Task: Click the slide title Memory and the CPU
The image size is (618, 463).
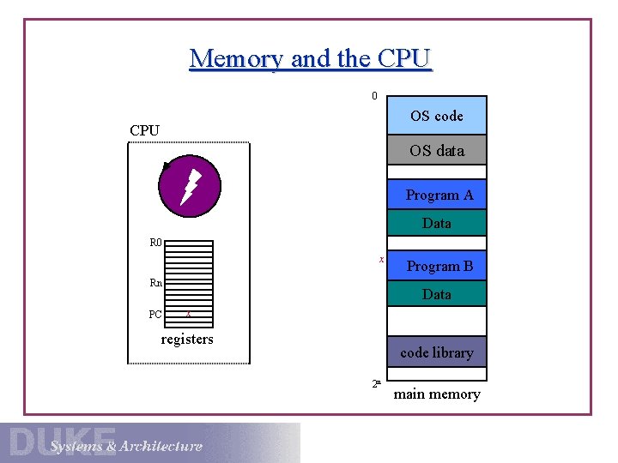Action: (311, 58)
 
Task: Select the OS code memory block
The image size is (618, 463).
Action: (436, 116)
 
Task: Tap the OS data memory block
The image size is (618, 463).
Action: (436, 150)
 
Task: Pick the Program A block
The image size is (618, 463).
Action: (438, 195)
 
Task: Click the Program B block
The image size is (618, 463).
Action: (438, 266)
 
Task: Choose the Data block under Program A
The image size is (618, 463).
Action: (436, 223)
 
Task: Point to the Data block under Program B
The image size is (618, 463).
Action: (436, 294)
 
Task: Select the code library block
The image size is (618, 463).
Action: (436, 352)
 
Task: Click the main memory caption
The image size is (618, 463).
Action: (436, 394)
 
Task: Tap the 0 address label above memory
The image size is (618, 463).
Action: (374, 96)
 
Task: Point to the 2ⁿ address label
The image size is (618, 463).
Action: (376, 384)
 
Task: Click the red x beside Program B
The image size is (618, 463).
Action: (380, 258)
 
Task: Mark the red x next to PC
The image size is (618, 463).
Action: (188, 314)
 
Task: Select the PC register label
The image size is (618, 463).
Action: (155, 315)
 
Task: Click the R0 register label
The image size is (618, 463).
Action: (156, 243)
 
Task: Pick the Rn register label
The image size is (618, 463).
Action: (156, 283)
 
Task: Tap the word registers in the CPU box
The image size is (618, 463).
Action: (187, 340)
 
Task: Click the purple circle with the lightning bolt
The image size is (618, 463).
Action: (190, 186)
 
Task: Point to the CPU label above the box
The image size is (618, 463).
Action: (144, 130)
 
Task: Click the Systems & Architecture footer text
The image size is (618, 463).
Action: (126, 446)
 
